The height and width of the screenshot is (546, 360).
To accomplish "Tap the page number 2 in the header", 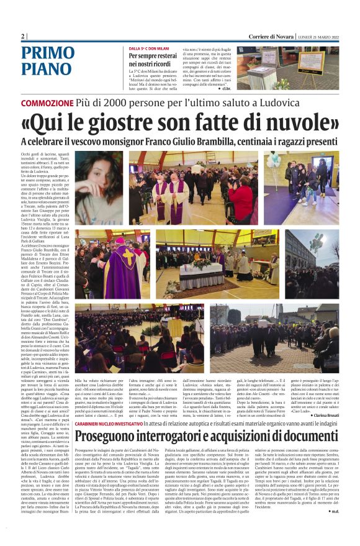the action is click(23, 37).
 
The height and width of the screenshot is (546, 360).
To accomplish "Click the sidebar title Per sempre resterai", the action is click(157, 56).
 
